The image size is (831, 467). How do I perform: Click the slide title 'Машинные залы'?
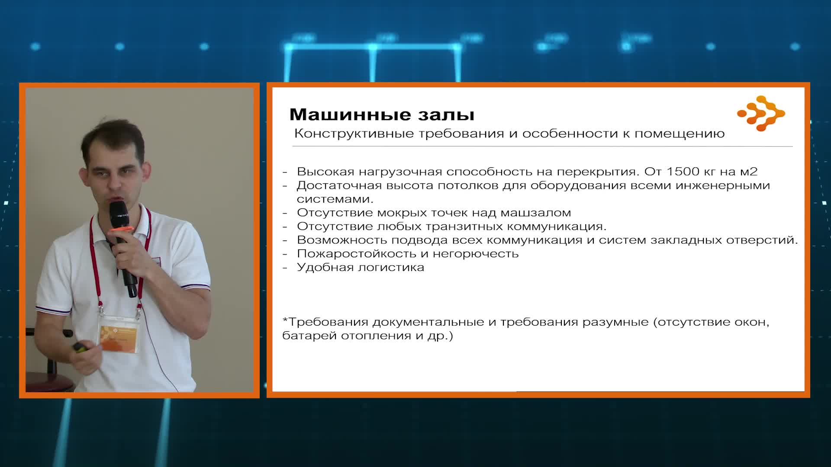tap(382, 115)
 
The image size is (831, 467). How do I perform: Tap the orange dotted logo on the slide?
tap(761, 113)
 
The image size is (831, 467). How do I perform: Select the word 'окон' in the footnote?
tap(752, 322)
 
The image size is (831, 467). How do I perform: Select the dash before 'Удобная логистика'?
tap(285, 268)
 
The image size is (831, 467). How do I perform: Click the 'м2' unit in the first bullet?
tap(749, 172)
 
